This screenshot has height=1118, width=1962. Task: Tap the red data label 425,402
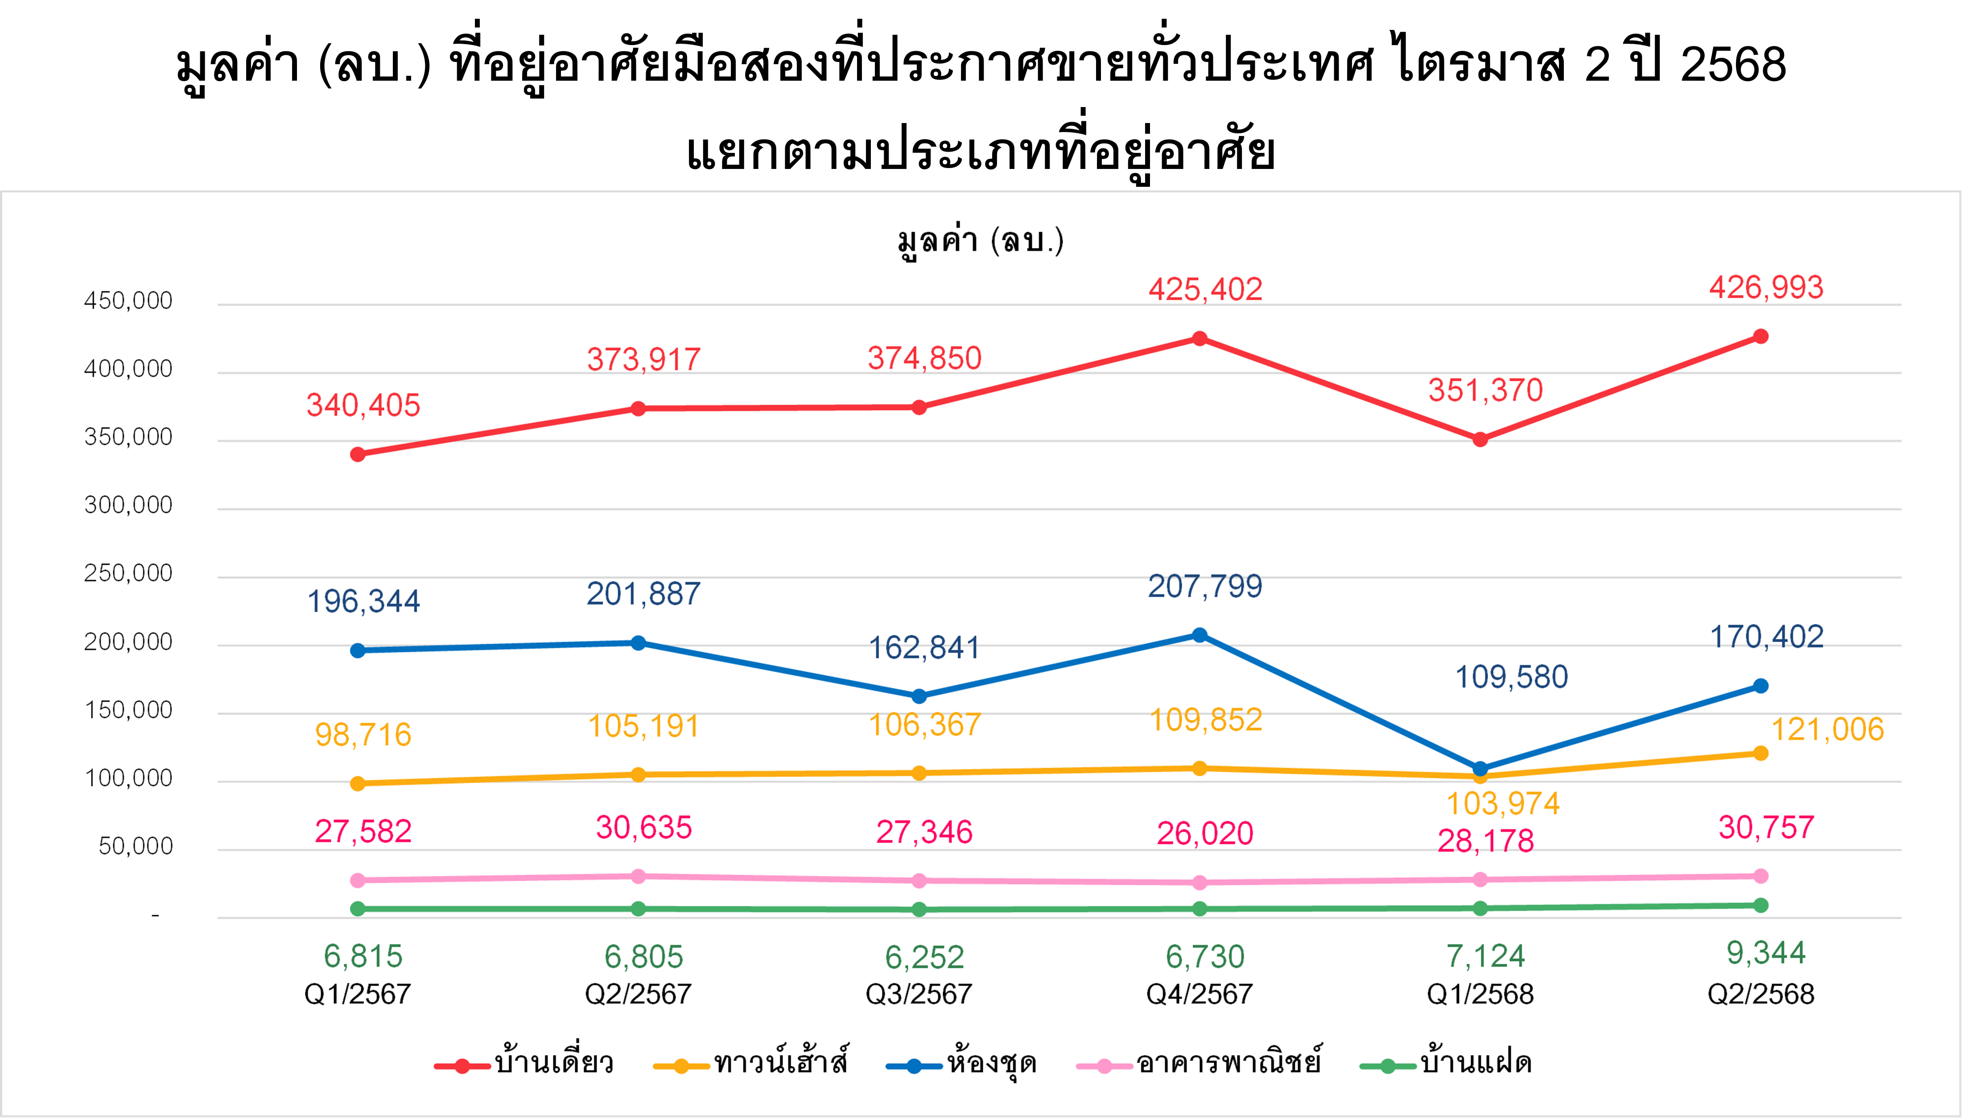tap(1205, 289)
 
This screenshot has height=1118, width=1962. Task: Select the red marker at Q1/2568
tap(1480, 439)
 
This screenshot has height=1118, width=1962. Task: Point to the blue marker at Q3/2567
tap(919, 696)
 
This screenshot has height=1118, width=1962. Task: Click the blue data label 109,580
tap(1511, 677)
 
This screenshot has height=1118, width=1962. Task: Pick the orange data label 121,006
tap(1827, 729)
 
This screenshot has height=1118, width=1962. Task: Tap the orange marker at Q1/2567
tap(358, 783)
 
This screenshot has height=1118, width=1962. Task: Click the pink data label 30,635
tap(643, 828)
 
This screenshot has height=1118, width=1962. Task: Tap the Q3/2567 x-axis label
tap(919, 995)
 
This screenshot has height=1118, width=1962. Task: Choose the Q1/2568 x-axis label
tap(1480, 995)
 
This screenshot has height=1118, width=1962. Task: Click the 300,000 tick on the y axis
tap(128, 505)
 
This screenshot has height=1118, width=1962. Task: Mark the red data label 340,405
tap(363, 405)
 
